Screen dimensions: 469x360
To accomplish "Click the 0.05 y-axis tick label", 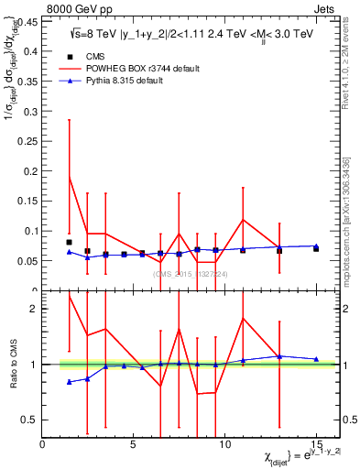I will click(27, 261).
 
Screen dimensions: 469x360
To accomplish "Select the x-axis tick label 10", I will click(224, 444).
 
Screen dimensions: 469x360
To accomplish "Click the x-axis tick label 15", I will click(315, 444).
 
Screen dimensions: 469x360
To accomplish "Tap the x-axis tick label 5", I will click(134, 444).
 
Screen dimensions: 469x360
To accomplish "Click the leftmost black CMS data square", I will click(70, 242).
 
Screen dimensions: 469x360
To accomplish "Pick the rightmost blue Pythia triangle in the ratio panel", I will click(315, 359).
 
